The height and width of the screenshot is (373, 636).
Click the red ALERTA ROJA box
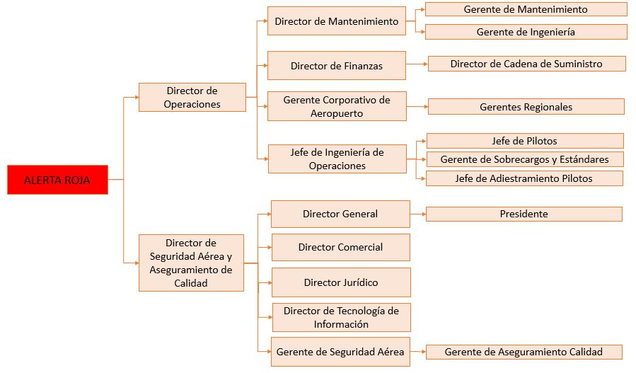pyautogui.click(x=57, y=180)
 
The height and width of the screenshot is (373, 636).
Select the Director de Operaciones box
pyautogui.click(x=192, y=98)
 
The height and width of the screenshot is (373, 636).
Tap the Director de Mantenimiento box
pyautogui.click(x=336, y=21)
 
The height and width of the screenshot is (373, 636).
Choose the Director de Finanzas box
pyautogui.click(x=336, y=66)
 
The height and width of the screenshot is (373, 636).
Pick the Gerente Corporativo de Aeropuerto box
pyautogui.click(x=337, y=106)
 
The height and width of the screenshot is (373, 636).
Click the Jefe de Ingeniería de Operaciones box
pyautogui.click(x=337, y=159)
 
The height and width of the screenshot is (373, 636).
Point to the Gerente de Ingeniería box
pyautogui.click(x=526, y=32)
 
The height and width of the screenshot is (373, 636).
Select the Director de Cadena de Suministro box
pyautogui.click(x=526, y=64)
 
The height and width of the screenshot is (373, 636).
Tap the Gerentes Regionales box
pyautogui.click(x=526, y=107)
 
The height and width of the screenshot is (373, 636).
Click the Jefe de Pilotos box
pyautogui.click(x=524, y=141)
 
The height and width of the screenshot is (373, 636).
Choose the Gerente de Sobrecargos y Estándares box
pyautogui.click(x=524, y=159)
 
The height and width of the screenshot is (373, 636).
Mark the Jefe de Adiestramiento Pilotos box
pyautogui.click(x=524, y=178)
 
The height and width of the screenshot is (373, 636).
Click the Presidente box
pyautogui.click(x=524, y=214)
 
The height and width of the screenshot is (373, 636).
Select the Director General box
pyautogui.click(x=340, y=214)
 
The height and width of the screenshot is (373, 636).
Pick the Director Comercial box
pyautogui.click(x=340, y=247)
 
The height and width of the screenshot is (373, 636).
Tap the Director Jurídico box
pyautogui.click(x=341, y=282)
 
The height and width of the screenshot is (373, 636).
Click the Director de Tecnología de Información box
pyautogui.click(x=341, y=317)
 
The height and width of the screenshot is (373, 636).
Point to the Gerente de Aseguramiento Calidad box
pyautogui.click(x=524, y=352)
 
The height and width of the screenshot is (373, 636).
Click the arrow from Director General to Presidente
pyautogui.click(x=417, y=214)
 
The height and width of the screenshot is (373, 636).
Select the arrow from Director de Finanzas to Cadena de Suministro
pyautogui.click(x=417, y=64)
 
